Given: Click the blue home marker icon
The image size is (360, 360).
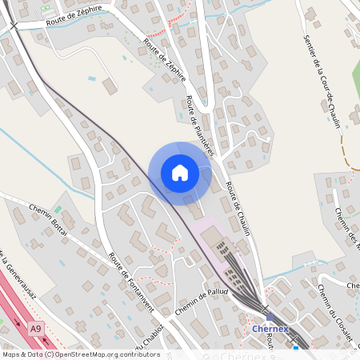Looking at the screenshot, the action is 180,172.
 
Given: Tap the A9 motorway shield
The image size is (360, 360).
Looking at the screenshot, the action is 35,329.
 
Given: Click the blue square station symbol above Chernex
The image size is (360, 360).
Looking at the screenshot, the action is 270,315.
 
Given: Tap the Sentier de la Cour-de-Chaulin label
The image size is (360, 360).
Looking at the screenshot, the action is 323,80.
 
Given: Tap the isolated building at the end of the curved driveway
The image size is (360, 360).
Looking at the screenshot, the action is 110,86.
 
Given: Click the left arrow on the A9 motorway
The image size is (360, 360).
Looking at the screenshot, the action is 17,322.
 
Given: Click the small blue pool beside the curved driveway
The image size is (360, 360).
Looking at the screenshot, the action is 92,78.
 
